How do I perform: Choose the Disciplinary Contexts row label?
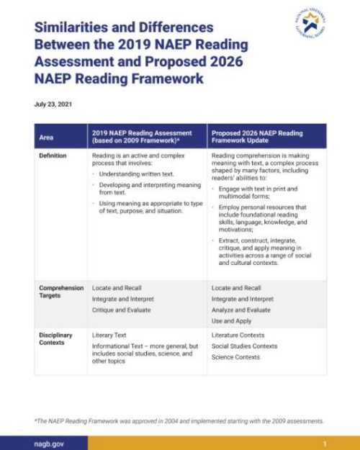[x=57, y=338]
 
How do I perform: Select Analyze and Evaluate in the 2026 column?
[x=241, y=309]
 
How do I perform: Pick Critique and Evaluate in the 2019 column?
[x=121, y=309]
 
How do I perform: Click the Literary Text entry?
[x=109, y=335]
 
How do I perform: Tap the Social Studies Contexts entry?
[x=245, y=346]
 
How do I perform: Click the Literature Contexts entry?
[x=238, y=335]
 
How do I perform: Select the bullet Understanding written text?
[x=131, y=174]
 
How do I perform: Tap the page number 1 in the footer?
[x=325, y=443]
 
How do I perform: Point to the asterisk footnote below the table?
[x=179, y=420]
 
